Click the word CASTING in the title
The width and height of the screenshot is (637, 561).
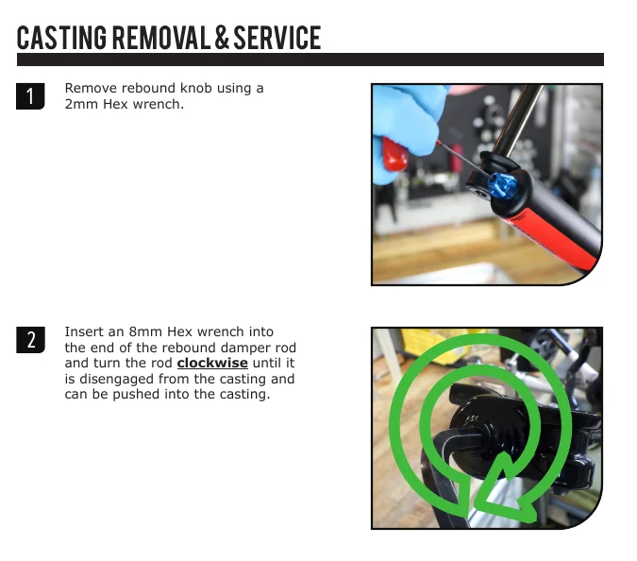pos(61,38)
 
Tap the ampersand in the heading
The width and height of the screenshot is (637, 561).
pos(222,38)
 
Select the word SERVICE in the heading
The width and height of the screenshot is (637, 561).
pos(277,38)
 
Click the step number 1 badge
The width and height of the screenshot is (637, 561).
pos(30,96)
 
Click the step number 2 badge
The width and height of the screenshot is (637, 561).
pos(30,340)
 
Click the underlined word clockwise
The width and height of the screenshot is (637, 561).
pos(212,363)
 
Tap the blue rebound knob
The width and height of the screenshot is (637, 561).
pos(503,185)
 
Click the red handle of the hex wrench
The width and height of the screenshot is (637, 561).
pos(394,154)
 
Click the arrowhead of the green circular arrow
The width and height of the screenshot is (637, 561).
pos(505,488)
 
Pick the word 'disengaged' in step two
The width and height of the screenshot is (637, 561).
pos(117,380)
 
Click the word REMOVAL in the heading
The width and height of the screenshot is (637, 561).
pos(161,38)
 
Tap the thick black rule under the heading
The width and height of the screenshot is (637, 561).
pos(310,59)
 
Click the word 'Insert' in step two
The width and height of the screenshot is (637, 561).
pos(84,331)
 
